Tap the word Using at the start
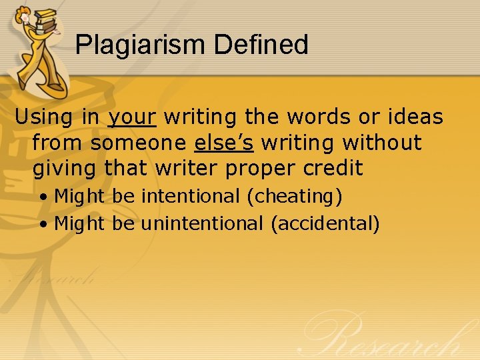43,117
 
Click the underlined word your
131,118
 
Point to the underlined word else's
223,143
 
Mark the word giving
65,169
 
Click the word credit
333,168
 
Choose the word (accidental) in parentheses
325,224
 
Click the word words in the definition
315,117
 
